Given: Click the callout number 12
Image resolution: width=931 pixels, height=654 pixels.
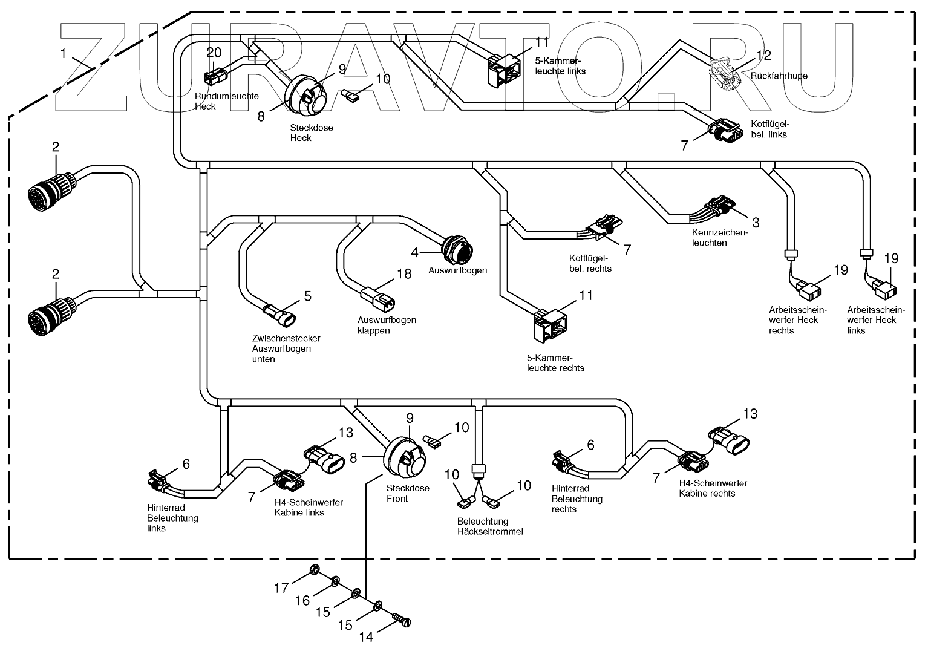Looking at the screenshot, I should pyautogui.click(x=764, y=56).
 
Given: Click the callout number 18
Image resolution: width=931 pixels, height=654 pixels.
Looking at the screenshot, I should pyautogui.click(x=403, y=274).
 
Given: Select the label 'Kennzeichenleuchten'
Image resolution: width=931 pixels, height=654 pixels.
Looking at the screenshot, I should pyautogui.click(x=719, y=237).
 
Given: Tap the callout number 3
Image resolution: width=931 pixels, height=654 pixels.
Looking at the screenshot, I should pyautogui.click(x=756, y=222).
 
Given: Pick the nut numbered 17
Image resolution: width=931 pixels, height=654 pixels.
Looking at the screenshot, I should pyautogui.click(x=314, y=569).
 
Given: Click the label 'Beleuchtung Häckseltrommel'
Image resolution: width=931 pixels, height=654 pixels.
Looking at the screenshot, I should pyautogui.click(x=491, y=526).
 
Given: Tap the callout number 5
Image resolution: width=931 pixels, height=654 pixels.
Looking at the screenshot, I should pyautogui.click(x=307, y=296).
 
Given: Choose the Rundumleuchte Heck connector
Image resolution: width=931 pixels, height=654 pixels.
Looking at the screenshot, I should pyautogui.click(x=214, y=77).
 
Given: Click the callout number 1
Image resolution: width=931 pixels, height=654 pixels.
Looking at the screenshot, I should pyautogui.click(x=63, y=53).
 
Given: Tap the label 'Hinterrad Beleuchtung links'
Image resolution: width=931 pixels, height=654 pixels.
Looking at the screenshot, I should pyautogui.click(x=172, y=518).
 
